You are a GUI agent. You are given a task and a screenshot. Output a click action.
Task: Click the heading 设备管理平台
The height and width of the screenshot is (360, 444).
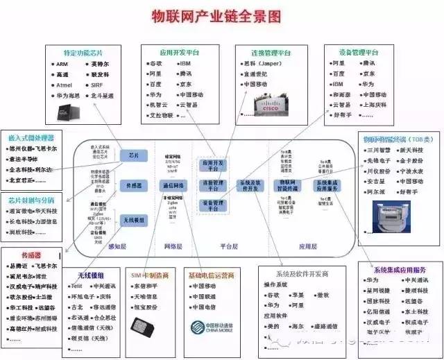[357, 53]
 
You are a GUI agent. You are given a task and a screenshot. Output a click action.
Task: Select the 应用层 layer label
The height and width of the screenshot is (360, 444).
[307, 246]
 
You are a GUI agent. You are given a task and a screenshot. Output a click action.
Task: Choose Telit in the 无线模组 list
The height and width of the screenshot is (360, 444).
[77, 286]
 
